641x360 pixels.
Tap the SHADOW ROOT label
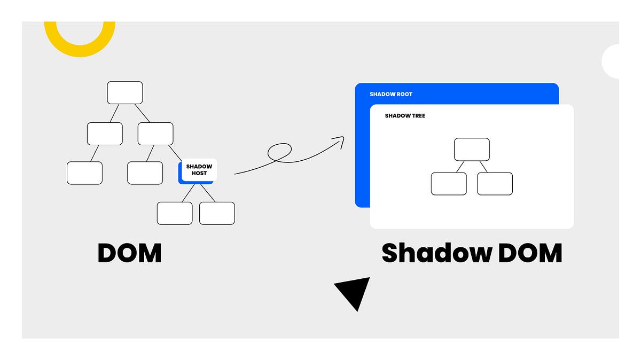coord(391,95)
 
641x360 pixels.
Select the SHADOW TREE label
coord(405,116)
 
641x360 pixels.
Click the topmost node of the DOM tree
coord(125,92)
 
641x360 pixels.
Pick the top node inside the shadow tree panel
coord(472,150)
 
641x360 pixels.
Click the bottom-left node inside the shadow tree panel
coord(449,184)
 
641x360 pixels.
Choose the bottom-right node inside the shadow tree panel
coord(495,184)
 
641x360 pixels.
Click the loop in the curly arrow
coord(279,152)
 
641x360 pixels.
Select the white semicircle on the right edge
coord(611,61)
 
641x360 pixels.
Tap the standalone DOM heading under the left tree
coord(129,253)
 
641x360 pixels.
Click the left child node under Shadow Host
coord(175,213)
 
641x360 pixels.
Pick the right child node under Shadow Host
coord(217,213)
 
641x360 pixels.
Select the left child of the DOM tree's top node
coord(105,134)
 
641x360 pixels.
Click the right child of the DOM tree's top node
coord(155,134)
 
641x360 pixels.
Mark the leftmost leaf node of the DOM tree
coord(84,173)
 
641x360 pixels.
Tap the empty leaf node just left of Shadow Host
coord(145,173)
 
